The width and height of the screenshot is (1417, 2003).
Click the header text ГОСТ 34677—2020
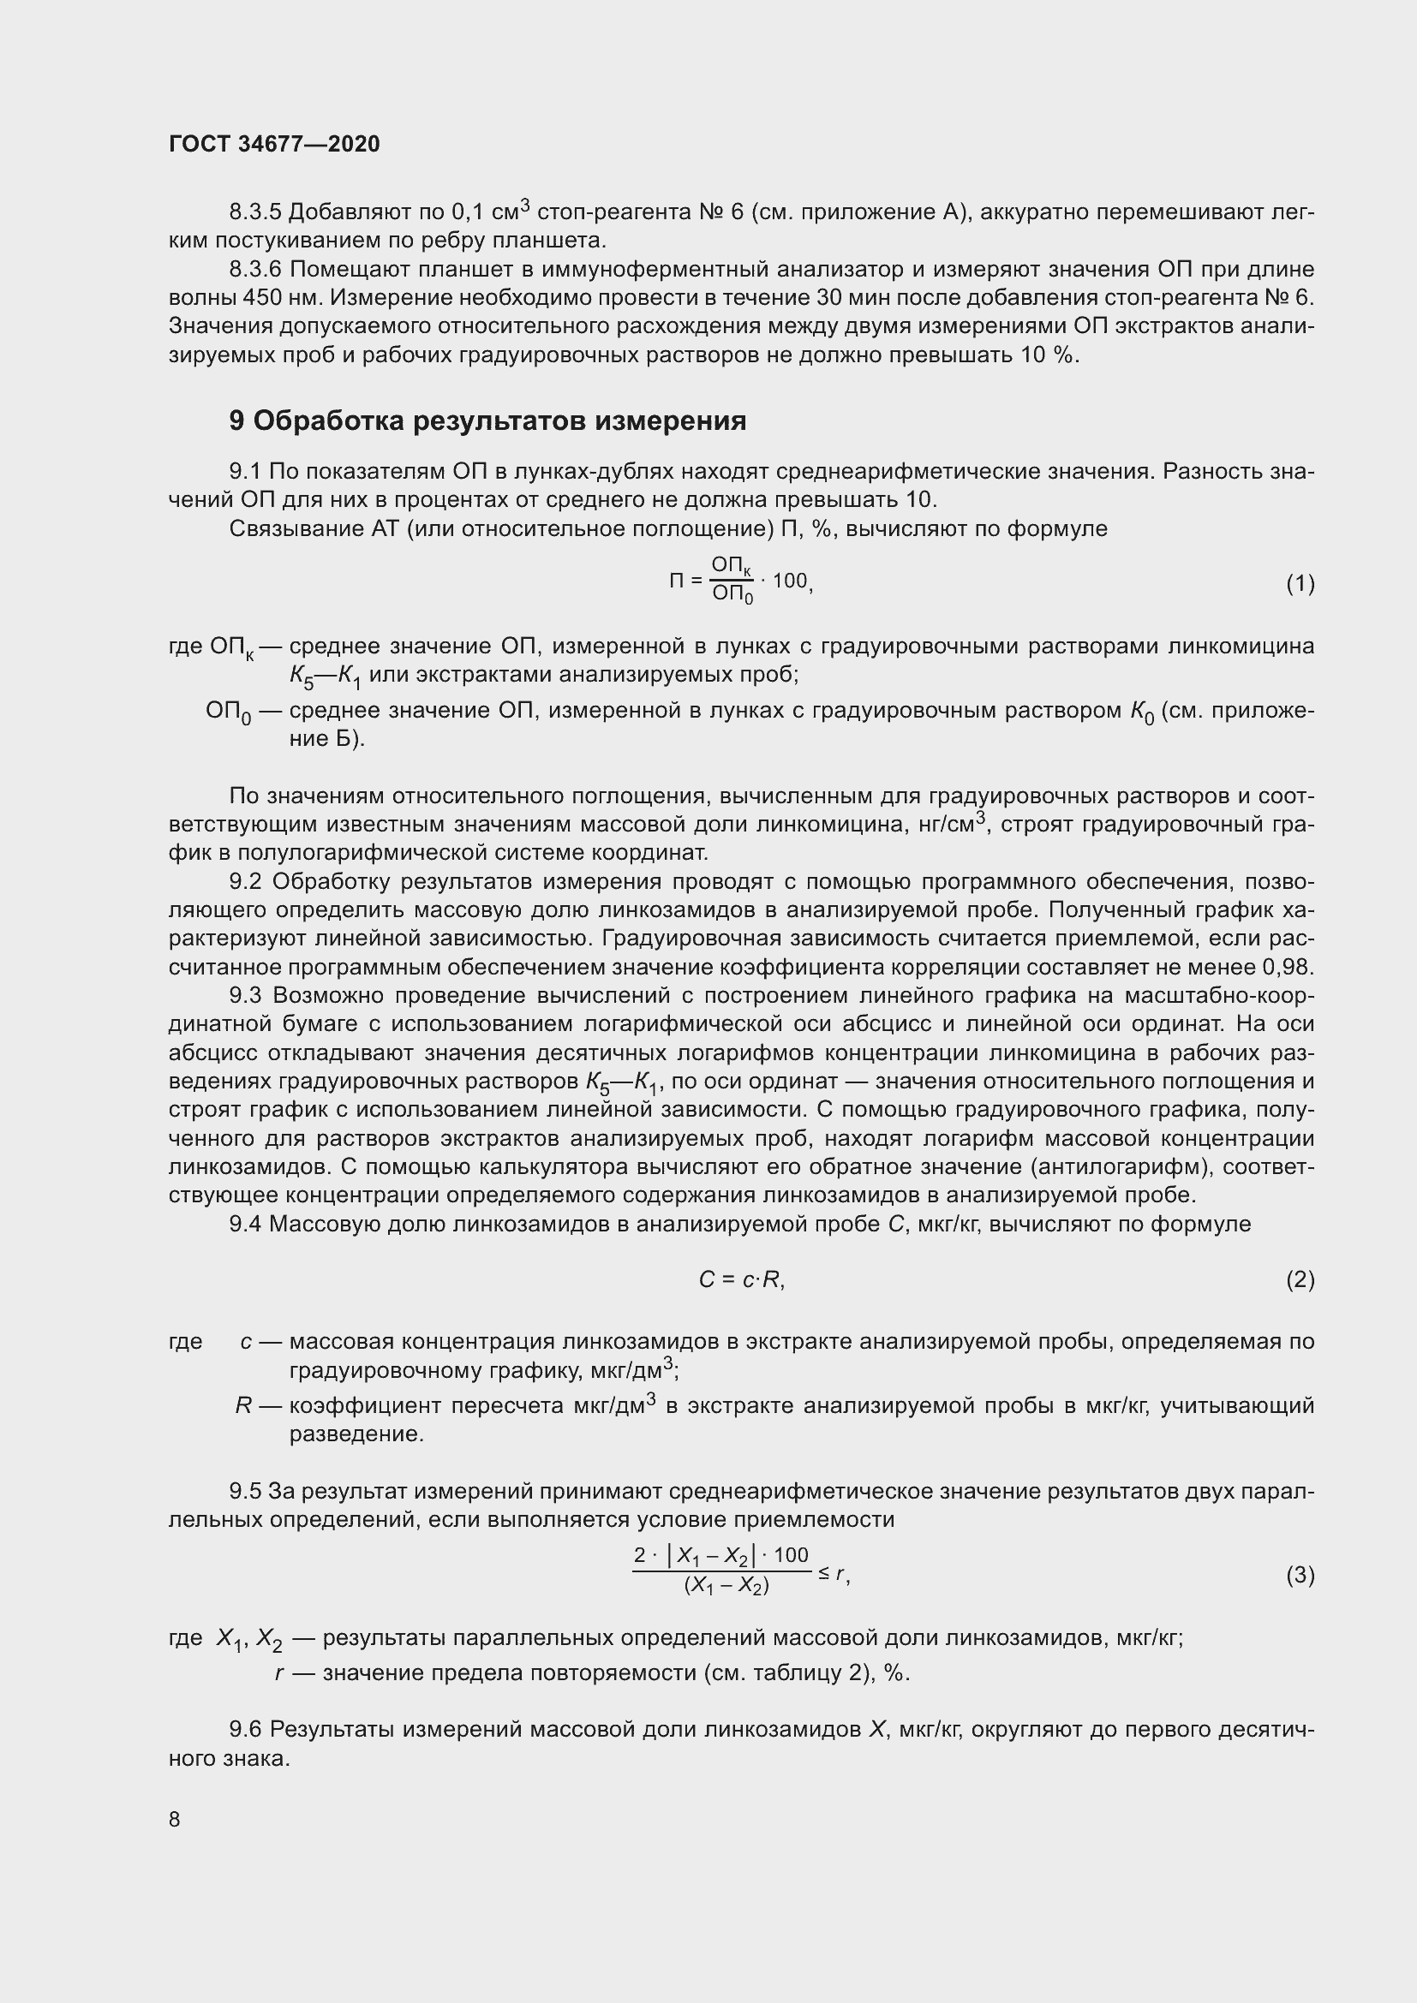tap(274, 145)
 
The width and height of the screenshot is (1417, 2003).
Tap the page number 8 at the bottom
tap(175, 1819)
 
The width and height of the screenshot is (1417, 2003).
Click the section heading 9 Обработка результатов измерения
tap(487, 421)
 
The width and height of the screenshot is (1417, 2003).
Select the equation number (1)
tap(1300, 584)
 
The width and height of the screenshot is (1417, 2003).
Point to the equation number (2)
tap(1300, 1279)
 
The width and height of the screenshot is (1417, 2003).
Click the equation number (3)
tap(1300, 1575)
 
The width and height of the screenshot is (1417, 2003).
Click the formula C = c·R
tap(741, 1279)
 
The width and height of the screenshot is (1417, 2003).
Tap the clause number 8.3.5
tap(254, 212)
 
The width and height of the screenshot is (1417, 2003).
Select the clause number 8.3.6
tap(254, 270)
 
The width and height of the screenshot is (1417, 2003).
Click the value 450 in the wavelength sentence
tap(262, 298)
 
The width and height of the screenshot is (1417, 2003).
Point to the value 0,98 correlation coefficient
tap(1288, 968)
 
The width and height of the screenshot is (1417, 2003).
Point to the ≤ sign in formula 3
tap(823, 1574)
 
